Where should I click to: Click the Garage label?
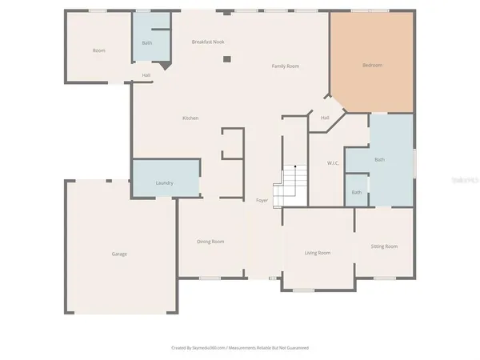(119, 254)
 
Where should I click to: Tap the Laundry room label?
(165, 183)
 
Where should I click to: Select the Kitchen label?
(190, 118)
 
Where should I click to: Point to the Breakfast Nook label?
(210, 42)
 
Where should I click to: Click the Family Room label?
(286, 66)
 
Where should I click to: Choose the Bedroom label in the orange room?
(372, 65)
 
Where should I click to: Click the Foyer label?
(262, 200)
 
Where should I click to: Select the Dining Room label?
(210, 241)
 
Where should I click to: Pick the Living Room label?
(318, 253)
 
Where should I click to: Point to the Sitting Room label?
(384, 246)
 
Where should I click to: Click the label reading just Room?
(99, 50)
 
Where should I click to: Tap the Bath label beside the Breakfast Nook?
(147, 42)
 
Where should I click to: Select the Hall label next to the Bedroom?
(326, 118)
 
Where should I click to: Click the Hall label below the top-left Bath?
(146, 75)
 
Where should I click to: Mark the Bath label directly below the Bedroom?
(379, 159)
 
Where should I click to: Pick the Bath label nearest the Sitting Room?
(356, 192)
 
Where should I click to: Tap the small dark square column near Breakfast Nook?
(226, 58)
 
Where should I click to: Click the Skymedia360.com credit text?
(240, 348)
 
